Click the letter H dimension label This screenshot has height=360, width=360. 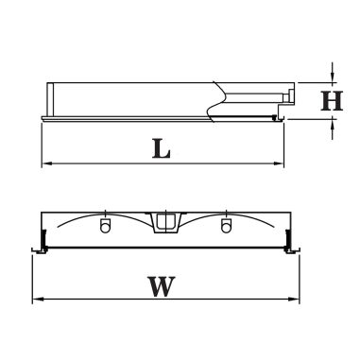coord(332,101)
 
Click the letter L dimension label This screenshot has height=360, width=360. coord(162,148)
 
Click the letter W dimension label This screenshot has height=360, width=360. coord(162,286)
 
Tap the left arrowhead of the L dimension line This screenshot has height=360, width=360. coord(46,163)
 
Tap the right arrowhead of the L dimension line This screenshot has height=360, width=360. coord(279,163)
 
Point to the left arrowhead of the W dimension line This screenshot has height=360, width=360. coord(37,299)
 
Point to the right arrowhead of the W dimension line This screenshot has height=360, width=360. coord(295,299)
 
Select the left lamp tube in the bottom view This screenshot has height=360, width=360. coord(105,226)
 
